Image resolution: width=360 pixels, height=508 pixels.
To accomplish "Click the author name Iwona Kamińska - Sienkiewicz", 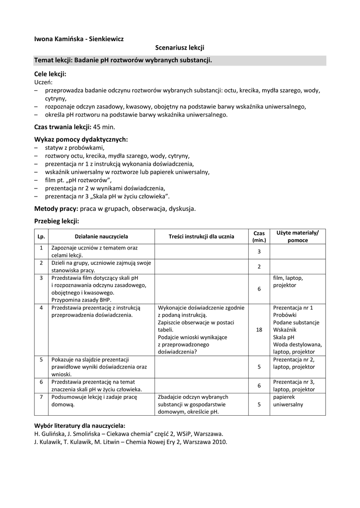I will click(x=78, y=38).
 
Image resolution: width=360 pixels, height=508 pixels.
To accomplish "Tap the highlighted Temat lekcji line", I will click(x=123, y=60).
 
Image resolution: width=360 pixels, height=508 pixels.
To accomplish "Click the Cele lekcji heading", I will click(x=50, y=74).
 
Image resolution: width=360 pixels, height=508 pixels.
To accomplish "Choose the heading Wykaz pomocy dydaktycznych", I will click(x=81, y=139).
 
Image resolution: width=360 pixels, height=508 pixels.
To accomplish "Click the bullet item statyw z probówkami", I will click(x=74, y=148).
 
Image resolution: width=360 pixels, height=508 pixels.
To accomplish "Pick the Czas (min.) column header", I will click(x=259, y=237).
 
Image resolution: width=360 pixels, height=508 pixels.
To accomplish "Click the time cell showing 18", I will click(x=259, y=329).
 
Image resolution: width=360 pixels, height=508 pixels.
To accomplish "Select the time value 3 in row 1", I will click(x=259, y=252).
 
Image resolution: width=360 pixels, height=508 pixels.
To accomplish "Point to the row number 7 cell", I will click(x=41, y=397).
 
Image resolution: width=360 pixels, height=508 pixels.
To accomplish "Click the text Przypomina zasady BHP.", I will click(x=81, y=300).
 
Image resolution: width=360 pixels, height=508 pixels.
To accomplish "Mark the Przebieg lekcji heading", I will click(x=57, y=221).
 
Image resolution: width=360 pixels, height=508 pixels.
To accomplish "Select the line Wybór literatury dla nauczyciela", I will click(x=79, y=426).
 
